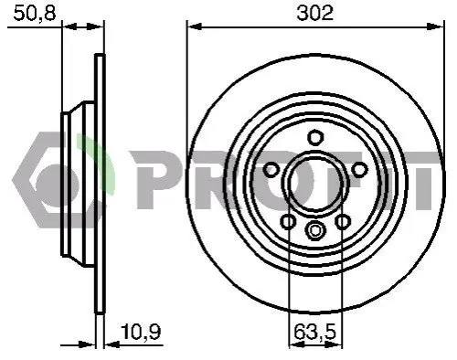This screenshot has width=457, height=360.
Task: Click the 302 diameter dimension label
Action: [315, 14]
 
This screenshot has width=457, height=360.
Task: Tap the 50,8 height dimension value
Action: [35, 14]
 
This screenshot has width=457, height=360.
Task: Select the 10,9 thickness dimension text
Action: [141, 332]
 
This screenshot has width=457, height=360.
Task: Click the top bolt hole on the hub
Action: [315, 137]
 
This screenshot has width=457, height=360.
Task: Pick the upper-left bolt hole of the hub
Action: [271, 169]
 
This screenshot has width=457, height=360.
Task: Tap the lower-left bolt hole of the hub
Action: [288, 221]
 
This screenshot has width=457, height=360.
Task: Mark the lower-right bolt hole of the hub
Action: [343, 221]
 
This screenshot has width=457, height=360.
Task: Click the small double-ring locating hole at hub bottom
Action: [315, 230]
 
